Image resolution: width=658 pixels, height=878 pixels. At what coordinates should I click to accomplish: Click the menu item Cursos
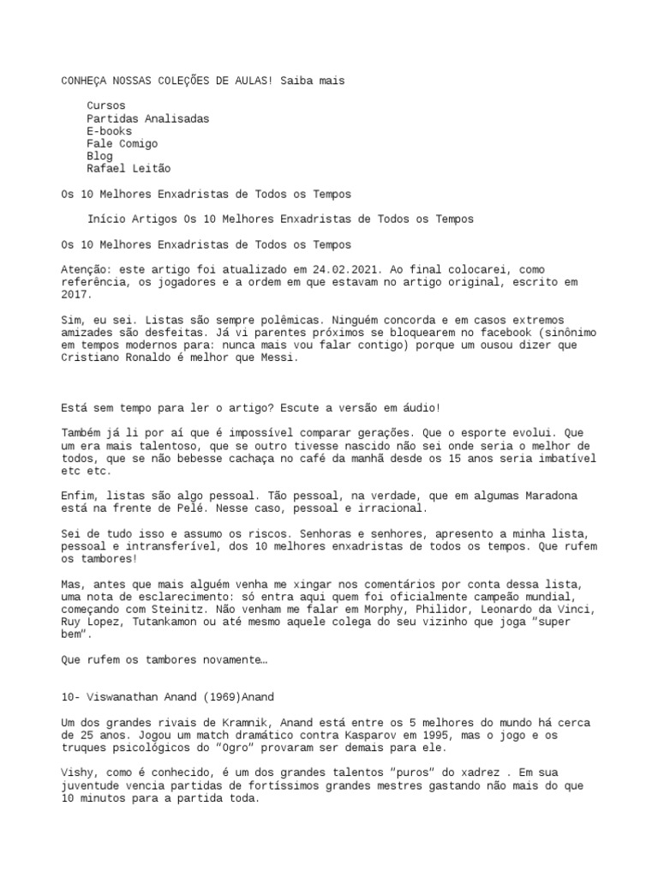click(x=105, y=106)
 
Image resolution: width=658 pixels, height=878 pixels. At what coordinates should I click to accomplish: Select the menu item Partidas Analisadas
click(x=147, y=119)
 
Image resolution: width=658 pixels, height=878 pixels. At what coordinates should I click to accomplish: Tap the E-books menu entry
click(x=109, y=132)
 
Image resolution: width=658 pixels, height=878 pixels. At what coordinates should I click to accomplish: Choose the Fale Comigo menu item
click(x=122, y=145)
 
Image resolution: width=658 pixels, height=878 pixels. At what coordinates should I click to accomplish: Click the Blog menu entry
click(x=99, y=158)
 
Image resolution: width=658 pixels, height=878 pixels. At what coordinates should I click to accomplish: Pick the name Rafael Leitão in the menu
click(x=129, y=171)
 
